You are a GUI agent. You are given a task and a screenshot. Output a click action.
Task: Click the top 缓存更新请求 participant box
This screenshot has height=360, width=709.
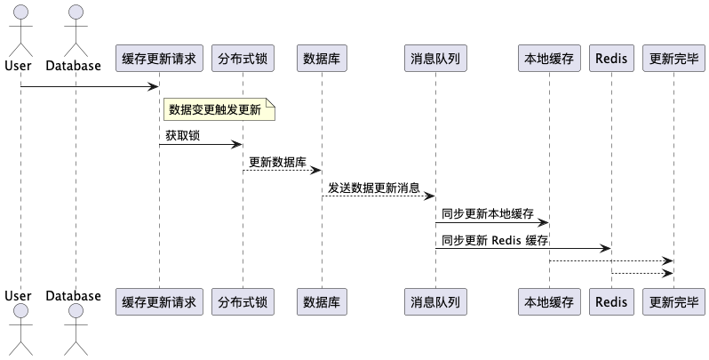point(159,59)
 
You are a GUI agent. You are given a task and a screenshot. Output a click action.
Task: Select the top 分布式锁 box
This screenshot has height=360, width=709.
point(243,59)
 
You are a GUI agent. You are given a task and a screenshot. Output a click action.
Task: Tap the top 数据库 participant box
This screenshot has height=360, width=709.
point(321,59)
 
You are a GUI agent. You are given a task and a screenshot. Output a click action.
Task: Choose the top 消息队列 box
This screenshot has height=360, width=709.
point(434,59)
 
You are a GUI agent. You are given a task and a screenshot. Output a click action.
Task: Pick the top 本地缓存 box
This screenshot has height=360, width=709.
point(549,59)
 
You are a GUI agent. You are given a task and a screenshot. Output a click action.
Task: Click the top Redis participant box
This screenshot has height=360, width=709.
point(611,59)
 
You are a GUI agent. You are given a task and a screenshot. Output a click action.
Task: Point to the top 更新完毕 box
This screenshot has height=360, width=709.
point(673,59)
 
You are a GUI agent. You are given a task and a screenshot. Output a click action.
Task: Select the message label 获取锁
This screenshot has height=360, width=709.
point(181,136)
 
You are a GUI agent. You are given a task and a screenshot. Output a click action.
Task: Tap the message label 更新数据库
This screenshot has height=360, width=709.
point(277,162)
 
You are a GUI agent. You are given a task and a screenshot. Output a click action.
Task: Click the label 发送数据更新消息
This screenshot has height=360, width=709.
point(373,188)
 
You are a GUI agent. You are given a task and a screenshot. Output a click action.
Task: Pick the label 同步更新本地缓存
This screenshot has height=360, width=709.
point(487,213)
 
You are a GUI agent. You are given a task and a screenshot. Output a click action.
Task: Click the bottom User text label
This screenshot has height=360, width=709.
point(18,295)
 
